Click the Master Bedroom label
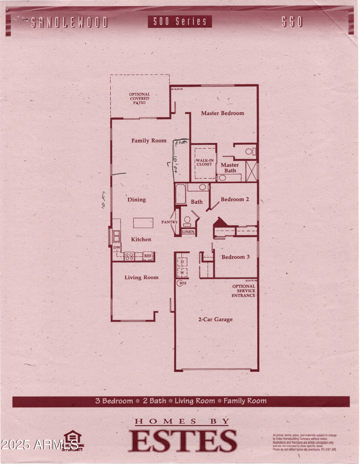(222, 113)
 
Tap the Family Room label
(149, 141)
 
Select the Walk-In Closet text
(204, 162)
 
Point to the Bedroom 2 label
(232, 199)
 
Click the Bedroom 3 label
(235, 257)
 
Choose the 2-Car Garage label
(216, 319)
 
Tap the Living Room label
(141, 278)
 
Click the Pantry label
(170, 222)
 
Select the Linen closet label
(188, 232)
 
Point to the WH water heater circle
(182, 283)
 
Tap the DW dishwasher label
(117, 248)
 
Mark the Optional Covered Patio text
(139, 99)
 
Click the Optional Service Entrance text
(243, 291)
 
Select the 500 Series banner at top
(180, 21)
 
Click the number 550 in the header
(292, 22)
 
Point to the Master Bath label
(229, 168)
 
